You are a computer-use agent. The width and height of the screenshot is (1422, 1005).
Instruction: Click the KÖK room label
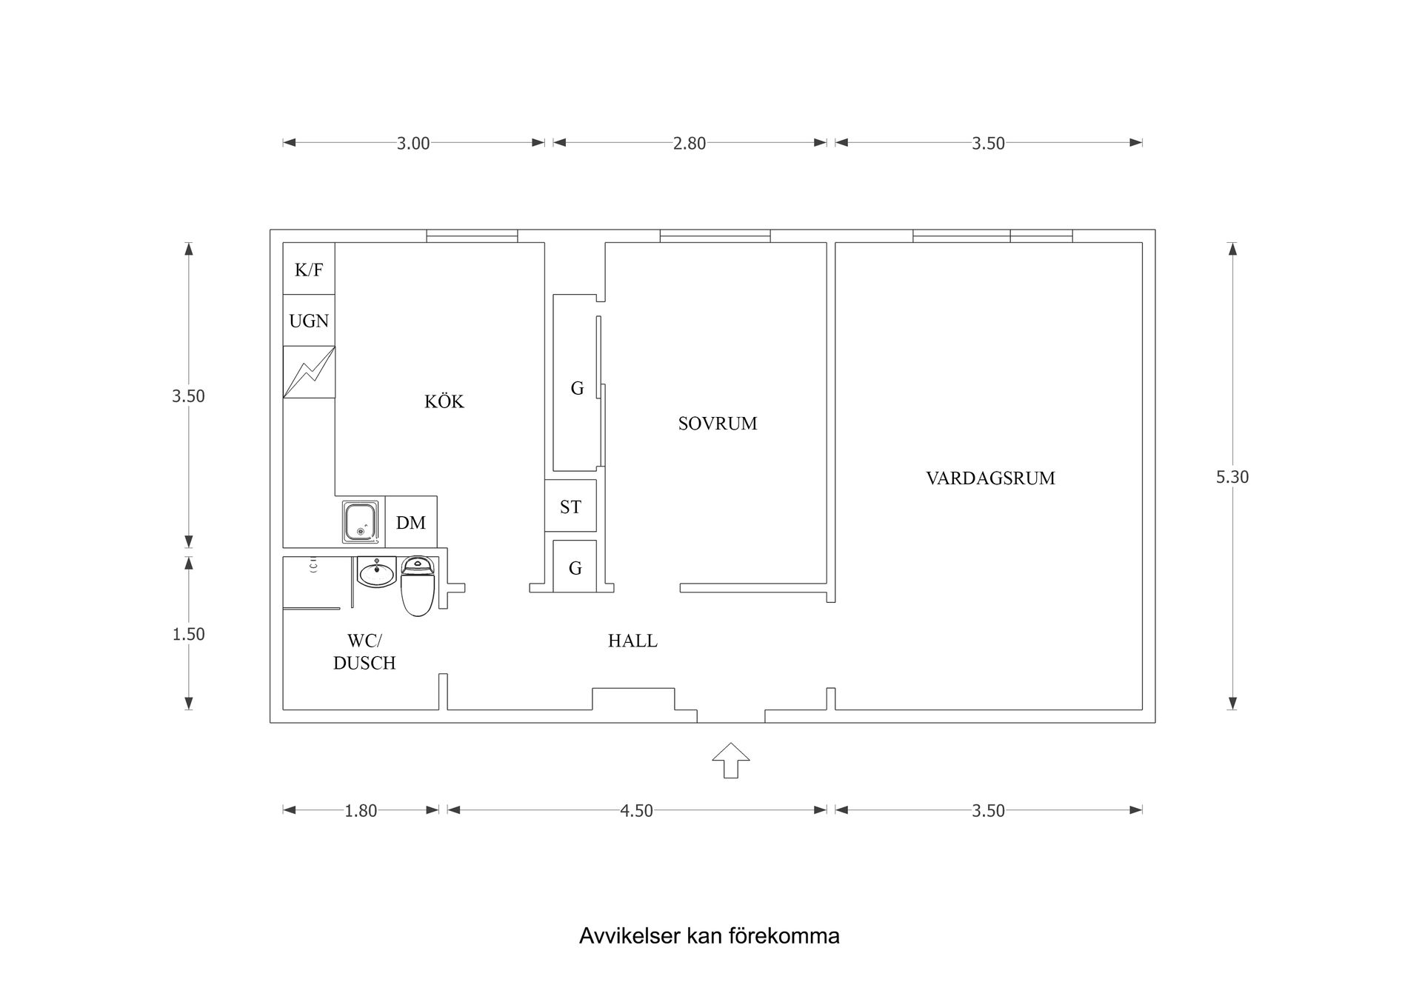pyautogui.click(x=444, y=401)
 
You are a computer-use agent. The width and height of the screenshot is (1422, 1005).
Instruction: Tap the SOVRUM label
pyautogui.click(x=717, y=424)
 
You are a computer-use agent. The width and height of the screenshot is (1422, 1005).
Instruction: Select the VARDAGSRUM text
pyautogui.click(x=990, y=478)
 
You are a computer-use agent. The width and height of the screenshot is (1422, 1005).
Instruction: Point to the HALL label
pyautogui.click(x=632, y=641)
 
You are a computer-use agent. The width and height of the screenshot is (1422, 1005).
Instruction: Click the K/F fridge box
pyautogui.click(x=309, y=269)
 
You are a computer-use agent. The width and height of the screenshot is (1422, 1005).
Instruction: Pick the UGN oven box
pyautogui.click(x=309, y=321)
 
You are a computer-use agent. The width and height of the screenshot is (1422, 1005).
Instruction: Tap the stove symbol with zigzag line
pyautogui.click(x=309, y=372)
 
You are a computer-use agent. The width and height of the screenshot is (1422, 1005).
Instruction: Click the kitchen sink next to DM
pyautogui.click(x=361, y=521)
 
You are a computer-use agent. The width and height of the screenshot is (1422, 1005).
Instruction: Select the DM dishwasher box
pyautogui.click(x=411, y=523)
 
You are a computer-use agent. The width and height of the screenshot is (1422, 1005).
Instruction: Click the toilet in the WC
pyautogui.click(x=417, y=588)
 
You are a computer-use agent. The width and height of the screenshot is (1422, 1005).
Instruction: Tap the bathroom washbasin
pyautogui.click(x=377, y=572)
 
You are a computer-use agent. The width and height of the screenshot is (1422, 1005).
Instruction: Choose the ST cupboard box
pyautogui.click(x=570, y=507)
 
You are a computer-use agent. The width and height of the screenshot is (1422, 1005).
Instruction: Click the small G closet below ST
pyautogui.click(x=575, y=567)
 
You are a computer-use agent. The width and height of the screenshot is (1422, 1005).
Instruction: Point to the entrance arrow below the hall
pyautogui.click(x=731, y=760)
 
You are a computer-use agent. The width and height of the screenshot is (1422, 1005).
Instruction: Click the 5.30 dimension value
pyautogui.click(x=1232, y=477)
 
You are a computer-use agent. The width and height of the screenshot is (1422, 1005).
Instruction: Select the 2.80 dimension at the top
pyautogui.click(x=689, y=144)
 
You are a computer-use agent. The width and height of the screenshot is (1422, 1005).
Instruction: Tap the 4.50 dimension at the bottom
pyautogui.click(x=636, y=811)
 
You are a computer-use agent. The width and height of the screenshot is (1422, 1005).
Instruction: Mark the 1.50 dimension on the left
pyautogui.click(x=188, y=634)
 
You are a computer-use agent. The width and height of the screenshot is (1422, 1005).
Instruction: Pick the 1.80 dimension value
pyautogui.click(x=361, y=811)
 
